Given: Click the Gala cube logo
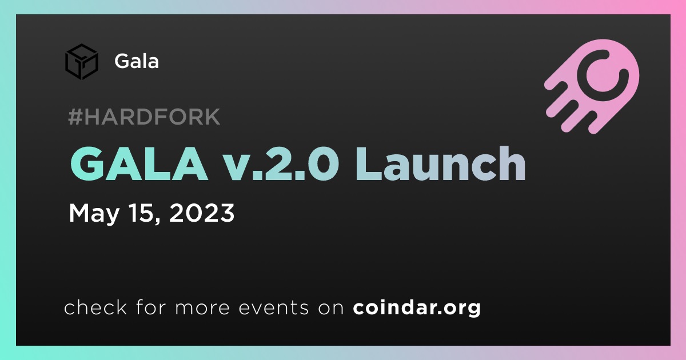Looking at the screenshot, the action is click(x=82, y=62).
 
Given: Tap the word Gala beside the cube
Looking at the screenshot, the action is click(x=137, y=61).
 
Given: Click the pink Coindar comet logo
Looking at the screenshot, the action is click(x=592, y=86).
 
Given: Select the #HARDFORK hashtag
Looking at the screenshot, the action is click(x=144, y=117).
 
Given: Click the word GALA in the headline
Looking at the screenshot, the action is click(x=139, y=163).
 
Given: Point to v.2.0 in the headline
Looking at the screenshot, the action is click(x=282, y=163).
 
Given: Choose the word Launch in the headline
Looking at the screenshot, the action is click(x=440, y=163).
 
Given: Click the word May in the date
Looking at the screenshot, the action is click(x=94, y=213).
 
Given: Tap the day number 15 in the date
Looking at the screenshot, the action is click(x=141, y=213).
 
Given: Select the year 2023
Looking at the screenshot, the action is click(x=202, y=213).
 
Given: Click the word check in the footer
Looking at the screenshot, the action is click(x=95, y=307).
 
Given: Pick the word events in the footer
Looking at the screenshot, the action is click(x=273, y=308).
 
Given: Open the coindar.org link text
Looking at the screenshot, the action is click(x=417, y=308).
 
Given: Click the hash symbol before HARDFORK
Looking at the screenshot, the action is click(x=75, y=117).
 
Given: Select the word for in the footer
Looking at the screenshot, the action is click(x=151, y=307).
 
